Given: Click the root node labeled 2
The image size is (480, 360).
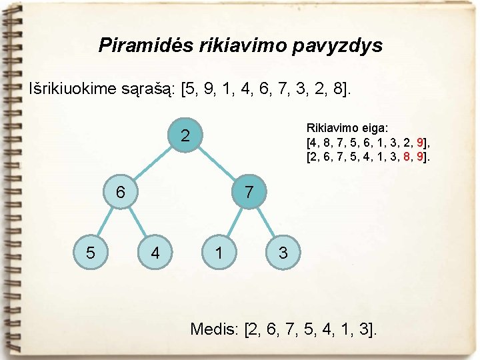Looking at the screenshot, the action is pos(186,136).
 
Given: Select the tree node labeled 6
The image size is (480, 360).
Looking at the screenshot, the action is pos(120,193).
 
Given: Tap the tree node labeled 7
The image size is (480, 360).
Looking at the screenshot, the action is pos(248,193).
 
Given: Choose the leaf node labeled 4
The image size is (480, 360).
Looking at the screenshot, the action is pos(155,253).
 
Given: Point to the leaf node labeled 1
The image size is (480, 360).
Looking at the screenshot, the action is pos(218,253).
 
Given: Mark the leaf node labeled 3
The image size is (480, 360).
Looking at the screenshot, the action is pos(283,253).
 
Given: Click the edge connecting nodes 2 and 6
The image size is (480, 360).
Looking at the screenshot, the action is pos(153,165).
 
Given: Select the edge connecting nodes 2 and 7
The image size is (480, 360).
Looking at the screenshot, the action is pos(217,165).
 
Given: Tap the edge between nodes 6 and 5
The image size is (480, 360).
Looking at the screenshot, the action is pos(105,222).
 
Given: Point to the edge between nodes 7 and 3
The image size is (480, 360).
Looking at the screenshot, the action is pos(265,223).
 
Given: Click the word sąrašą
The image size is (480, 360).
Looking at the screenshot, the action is pos(156,88).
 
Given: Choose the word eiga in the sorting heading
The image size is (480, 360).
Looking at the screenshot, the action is pos(373,128).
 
